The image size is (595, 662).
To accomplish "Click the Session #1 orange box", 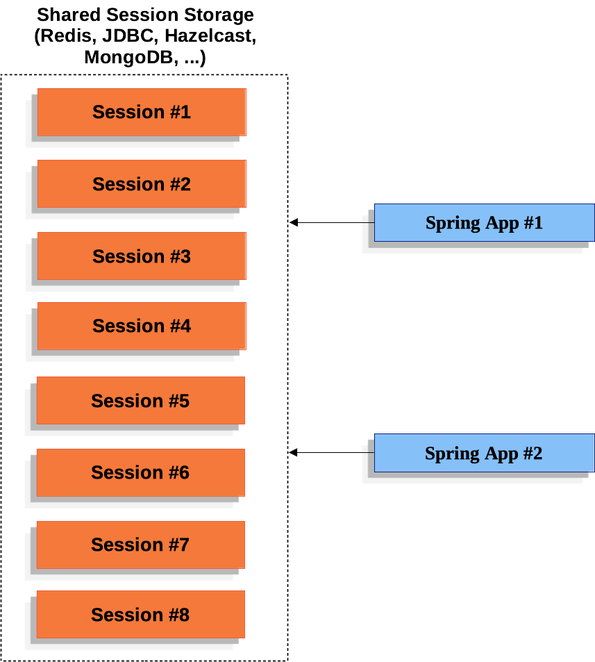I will pyautogui.click(x=142, y=112).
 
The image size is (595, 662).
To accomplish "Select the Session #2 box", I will pyautogui.click(x=142, y=184).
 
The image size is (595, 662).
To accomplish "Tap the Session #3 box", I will pyautogui.click(x=142, y=256).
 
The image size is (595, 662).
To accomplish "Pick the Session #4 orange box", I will pyautogui.click(x=142, y=326).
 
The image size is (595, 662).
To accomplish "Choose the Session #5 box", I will pyautogui.click(x=140, y=401).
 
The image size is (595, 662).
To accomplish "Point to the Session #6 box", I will pyautogui.click(x=140, y=472).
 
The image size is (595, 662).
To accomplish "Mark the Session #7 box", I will pyautogui.click(x=140, y=545).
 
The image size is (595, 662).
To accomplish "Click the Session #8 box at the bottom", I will pyautogui.click(x=140, y=615).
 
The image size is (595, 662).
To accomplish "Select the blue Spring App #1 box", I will pyautogui.click(x=484, y=223).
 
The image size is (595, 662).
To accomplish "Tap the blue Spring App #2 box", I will pyautogui.click(x=484, y=454).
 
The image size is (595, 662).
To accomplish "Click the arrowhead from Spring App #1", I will pyautogui.click(x=294, y=222).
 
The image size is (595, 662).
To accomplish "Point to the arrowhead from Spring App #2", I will pyautogui.click(x=294, y=453).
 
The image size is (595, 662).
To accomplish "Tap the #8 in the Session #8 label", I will pyautogui.click(x=178, y=615).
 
